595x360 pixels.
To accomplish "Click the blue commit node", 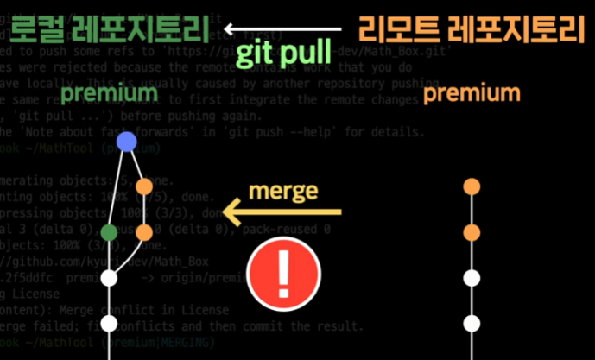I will tap(127, 142).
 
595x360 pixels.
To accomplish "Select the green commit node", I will tap(109, 231).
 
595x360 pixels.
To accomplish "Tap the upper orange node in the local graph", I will tap(144, 186).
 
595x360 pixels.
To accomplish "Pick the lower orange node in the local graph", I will tap(144, 231).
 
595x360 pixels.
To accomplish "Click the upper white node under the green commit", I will tap(109, 278).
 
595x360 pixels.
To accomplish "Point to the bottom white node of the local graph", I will tap(109, 325).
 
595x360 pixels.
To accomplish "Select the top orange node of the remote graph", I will tap(471, 186).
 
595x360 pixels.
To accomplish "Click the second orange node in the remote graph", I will tap(471, 232).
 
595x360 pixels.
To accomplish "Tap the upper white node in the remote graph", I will tap(471, 278).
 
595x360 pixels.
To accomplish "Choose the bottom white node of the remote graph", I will tap(471, 325).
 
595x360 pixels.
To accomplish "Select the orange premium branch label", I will tap(472, 93).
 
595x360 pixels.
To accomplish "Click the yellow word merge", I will tap(283, 191).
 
